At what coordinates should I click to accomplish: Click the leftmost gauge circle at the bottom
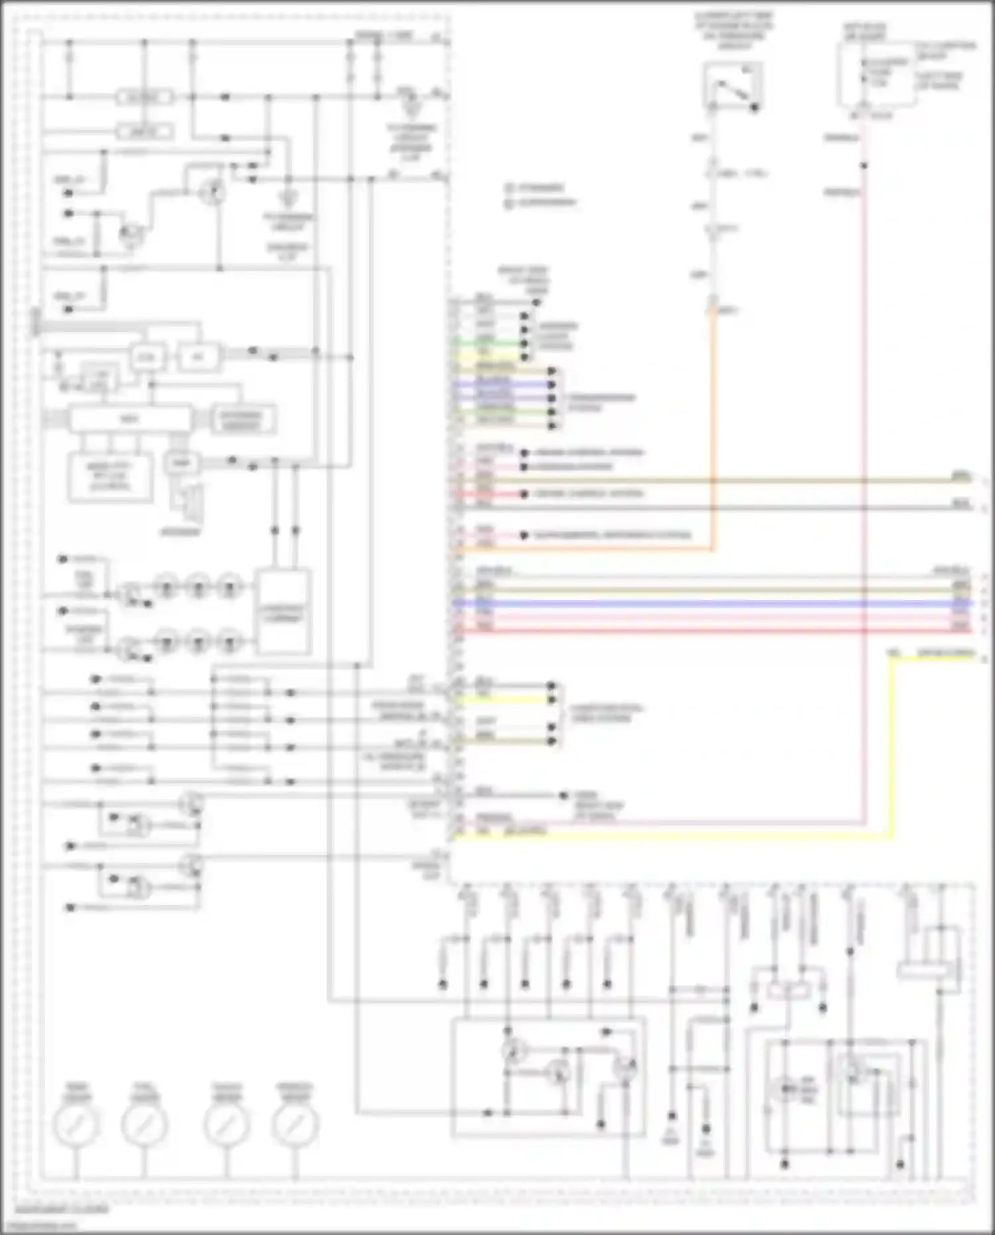(76, 1124)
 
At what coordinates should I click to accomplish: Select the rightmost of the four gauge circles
(295, 1124)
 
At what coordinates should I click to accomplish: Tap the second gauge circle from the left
(144, 1124)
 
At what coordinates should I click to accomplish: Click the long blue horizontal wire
(710, 604)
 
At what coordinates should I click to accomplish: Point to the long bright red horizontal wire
(710, 630)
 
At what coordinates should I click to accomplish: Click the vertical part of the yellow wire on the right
(891, 743)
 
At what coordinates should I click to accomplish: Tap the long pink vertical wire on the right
(864, 465)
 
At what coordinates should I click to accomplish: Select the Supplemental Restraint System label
(612, 535)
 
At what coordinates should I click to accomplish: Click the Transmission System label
(601, 402)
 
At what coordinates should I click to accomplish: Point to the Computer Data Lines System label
(605, 713)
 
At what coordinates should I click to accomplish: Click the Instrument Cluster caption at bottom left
(61, 1209)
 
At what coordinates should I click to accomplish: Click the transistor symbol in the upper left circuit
(212, 192)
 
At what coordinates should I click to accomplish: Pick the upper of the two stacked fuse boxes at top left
(145, 98)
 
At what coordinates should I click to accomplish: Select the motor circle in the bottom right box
(787, 1089)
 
